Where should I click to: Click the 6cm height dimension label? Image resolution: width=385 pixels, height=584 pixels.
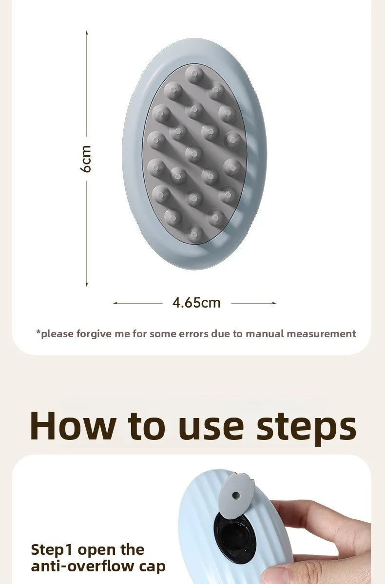[86, 159]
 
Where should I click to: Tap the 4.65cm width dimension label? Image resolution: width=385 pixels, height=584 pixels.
[196, 303]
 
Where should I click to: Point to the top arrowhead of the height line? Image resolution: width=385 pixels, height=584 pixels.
[87, 33]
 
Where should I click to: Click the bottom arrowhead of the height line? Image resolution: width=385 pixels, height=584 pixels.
[87, 285]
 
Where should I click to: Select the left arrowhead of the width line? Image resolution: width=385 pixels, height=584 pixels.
[115, 303]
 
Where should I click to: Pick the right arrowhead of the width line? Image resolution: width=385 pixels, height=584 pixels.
[274, 303]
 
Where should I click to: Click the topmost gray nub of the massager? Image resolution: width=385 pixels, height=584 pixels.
[194, 74]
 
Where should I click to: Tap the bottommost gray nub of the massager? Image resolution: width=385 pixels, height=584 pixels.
[194, 234]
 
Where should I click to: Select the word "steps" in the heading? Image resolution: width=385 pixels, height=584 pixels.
[306, 429]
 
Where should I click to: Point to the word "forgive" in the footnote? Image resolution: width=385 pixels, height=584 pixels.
[94, 334]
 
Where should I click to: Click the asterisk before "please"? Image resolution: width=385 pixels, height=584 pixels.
[38, 331]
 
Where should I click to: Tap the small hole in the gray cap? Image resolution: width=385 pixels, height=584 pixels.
[236, 494]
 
